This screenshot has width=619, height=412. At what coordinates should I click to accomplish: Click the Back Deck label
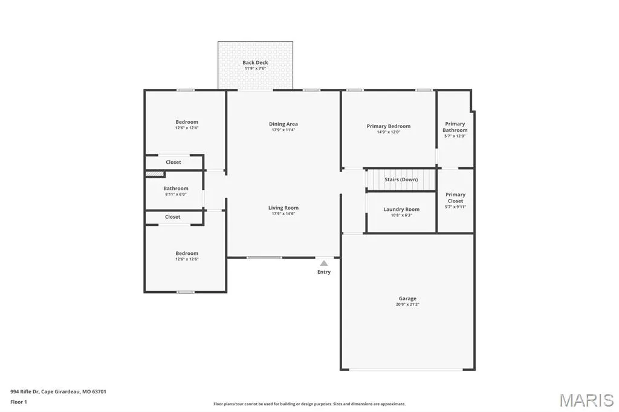click(x=255, y=62)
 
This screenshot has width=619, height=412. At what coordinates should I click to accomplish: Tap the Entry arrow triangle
click(x=324, y=263)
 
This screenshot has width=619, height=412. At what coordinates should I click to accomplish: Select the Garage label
click(x=407, y=299)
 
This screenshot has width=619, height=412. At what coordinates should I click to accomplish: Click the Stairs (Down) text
click(x=401, y=179)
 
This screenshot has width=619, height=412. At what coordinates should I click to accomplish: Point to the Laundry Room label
click(x=401, y=209)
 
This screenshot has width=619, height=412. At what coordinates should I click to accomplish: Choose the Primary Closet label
click(x=456, y=198)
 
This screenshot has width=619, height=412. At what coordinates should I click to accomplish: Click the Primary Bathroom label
click(x=455, y=127)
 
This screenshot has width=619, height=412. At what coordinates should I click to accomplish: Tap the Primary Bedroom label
click(x=389, y=126)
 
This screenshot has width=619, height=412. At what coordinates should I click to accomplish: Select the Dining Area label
click(x=283, y=124)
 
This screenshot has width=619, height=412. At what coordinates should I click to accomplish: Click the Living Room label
click(x=284, y=208)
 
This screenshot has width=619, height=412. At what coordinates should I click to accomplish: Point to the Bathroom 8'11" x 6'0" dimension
click(x=176, y=194)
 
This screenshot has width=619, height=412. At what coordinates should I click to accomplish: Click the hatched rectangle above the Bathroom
click(x=155, y=173)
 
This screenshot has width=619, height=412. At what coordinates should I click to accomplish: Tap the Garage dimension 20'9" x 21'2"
click(x=407, y=304)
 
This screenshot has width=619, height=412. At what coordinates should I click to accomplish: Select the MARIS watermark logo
click(x=586, y=400)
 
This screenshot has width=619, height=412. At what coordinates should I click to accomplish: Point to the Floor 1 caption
click(x=19, y=402)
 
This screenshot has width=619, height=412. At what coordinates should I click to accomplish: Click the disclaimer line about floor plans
click(x=309, y=404)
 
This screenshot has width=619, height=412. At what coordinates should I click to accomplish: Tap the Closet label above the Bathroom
click(x=173, y=162)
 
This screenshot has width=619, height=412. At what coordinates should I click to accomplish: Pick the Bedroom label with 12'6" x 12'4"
click(x=187, y=122)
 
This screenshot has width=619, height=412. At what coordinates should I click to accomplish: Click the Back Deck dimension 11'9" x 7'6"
click(x=255, y=68)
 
